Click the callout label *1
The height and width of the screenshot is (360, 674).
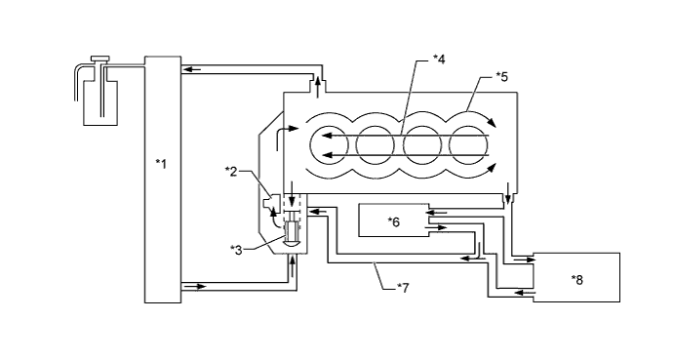pyautogui.click(x=161, y=164)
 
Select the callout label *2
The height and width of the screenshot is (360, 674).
pyautogui.click(x=231, y=171)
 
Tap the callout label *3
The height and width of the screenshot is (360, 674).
pyautogui.click(x=236, y=250)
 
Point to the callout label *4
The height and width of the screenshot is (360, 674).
pyautogui.click(x=439, y=59)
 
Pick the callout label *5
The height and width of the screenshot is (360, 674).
pyautogui.click(x=501, y=76)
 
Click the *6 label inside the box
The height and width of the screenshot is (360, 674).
pyautogui.click(x=394, y=221)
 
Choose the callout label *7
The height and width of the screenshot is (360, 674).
pyautogui.click(x=403, y=287)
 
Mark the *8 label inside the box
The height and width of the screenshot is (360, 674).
pyautogui.click(x=576, y=280)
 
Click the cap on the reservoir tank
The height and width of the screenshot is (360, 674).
pyautogui.click(x=100, y=59)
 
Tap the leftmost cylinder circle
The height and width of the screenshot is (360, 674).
pyautogui.click(x=328, y=145)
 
